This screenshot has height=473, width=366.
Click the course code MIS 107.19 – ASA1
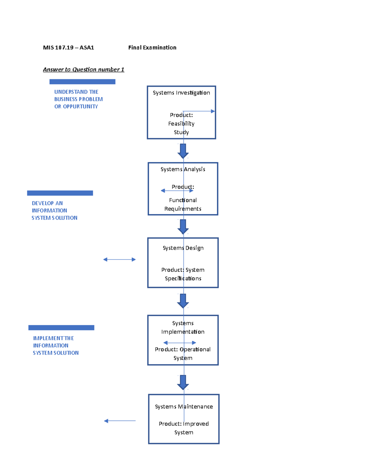[x=68, y=48]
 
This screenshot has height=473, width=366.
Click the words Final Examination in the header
[x=152, y=48]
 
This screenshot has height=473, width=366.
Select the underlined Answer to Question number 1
[x=84, y=69]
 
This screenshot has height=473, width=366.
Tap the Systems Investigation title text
[x=181, y=93]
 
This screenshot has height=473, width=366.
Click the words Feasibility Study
[x=181, y=128]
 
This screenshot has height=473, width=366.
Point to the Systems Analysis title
[x=183, y=169]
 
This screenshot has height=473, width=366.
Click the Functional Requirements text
[x=183, y=204]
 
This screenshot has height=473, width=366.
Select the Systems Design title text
[x=183, y=248]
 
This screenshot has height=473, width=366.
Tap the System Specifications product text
[x=183, y=274]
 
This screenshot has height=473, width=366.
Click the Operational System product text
[x=183, y=353]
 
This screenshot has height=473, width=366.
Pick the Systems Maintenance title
[x=184, y=407]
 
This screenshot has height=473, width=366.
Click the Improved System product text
[x=184, y=428]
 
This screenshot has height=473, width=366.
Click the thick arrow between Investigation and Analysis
[x=183, y=151]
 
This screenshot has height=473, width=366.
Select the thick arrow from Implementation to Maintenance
[x=183, y=382]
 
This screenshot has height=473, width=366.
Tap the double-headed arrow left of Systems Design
[x=119, y=259]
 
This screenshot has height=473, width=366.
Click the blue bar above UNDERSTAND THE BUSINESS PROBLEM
[x=82, y=82]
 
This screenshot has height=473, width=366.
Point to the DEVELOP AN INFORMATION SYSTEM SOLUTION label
[x=54, y=210]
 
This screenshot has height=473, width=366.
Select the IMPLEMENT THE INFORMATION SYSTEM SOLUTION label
[x=56, y=345]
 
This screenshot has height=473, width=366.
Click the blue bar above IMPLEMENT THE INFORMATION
[x=61, y=328]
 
